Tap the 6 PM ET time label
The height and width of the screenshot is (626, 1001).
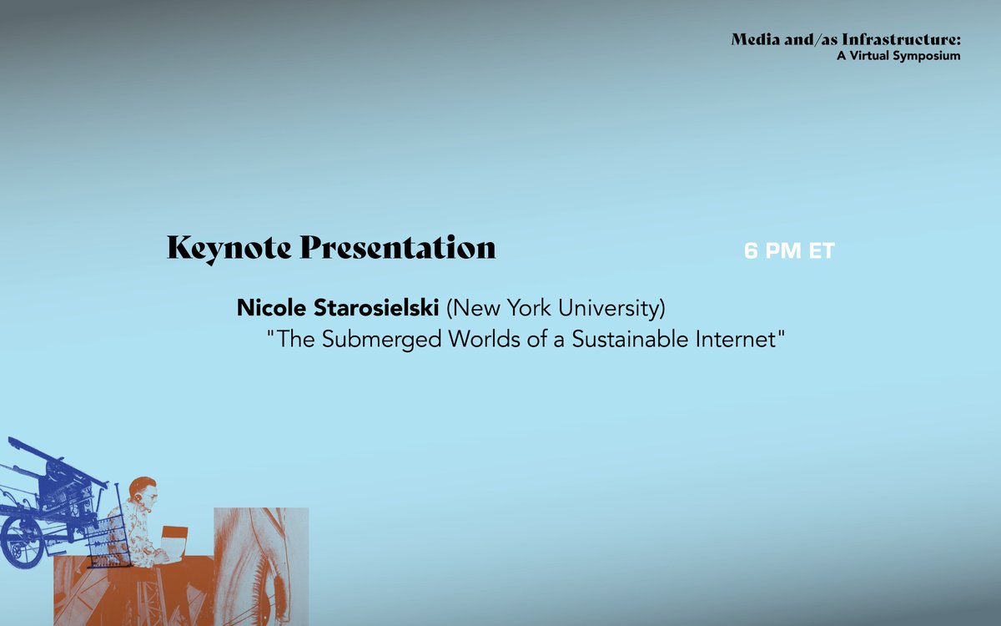pyautogui.click(x=789, y=251)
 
